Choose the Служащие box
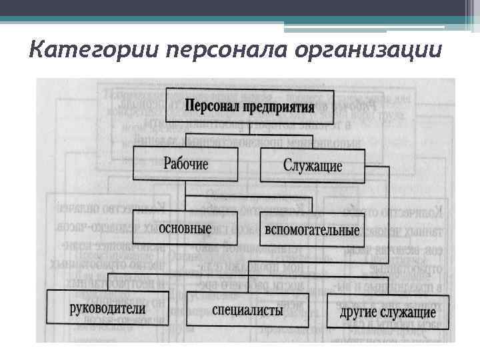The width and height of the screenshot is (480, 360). tap(312, 165)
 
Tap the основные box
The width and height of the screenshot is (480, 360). tap(186, 229)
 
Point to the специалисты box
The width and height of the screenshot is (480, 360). tap(247, 310)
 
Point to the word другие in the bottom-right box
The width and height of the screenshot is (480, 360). tap(359, 312)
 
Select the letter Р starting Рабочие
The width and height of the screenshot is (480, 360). tap(166, 163)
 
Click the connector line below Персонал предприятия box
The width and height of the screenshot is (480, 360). tap(249, 128)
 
